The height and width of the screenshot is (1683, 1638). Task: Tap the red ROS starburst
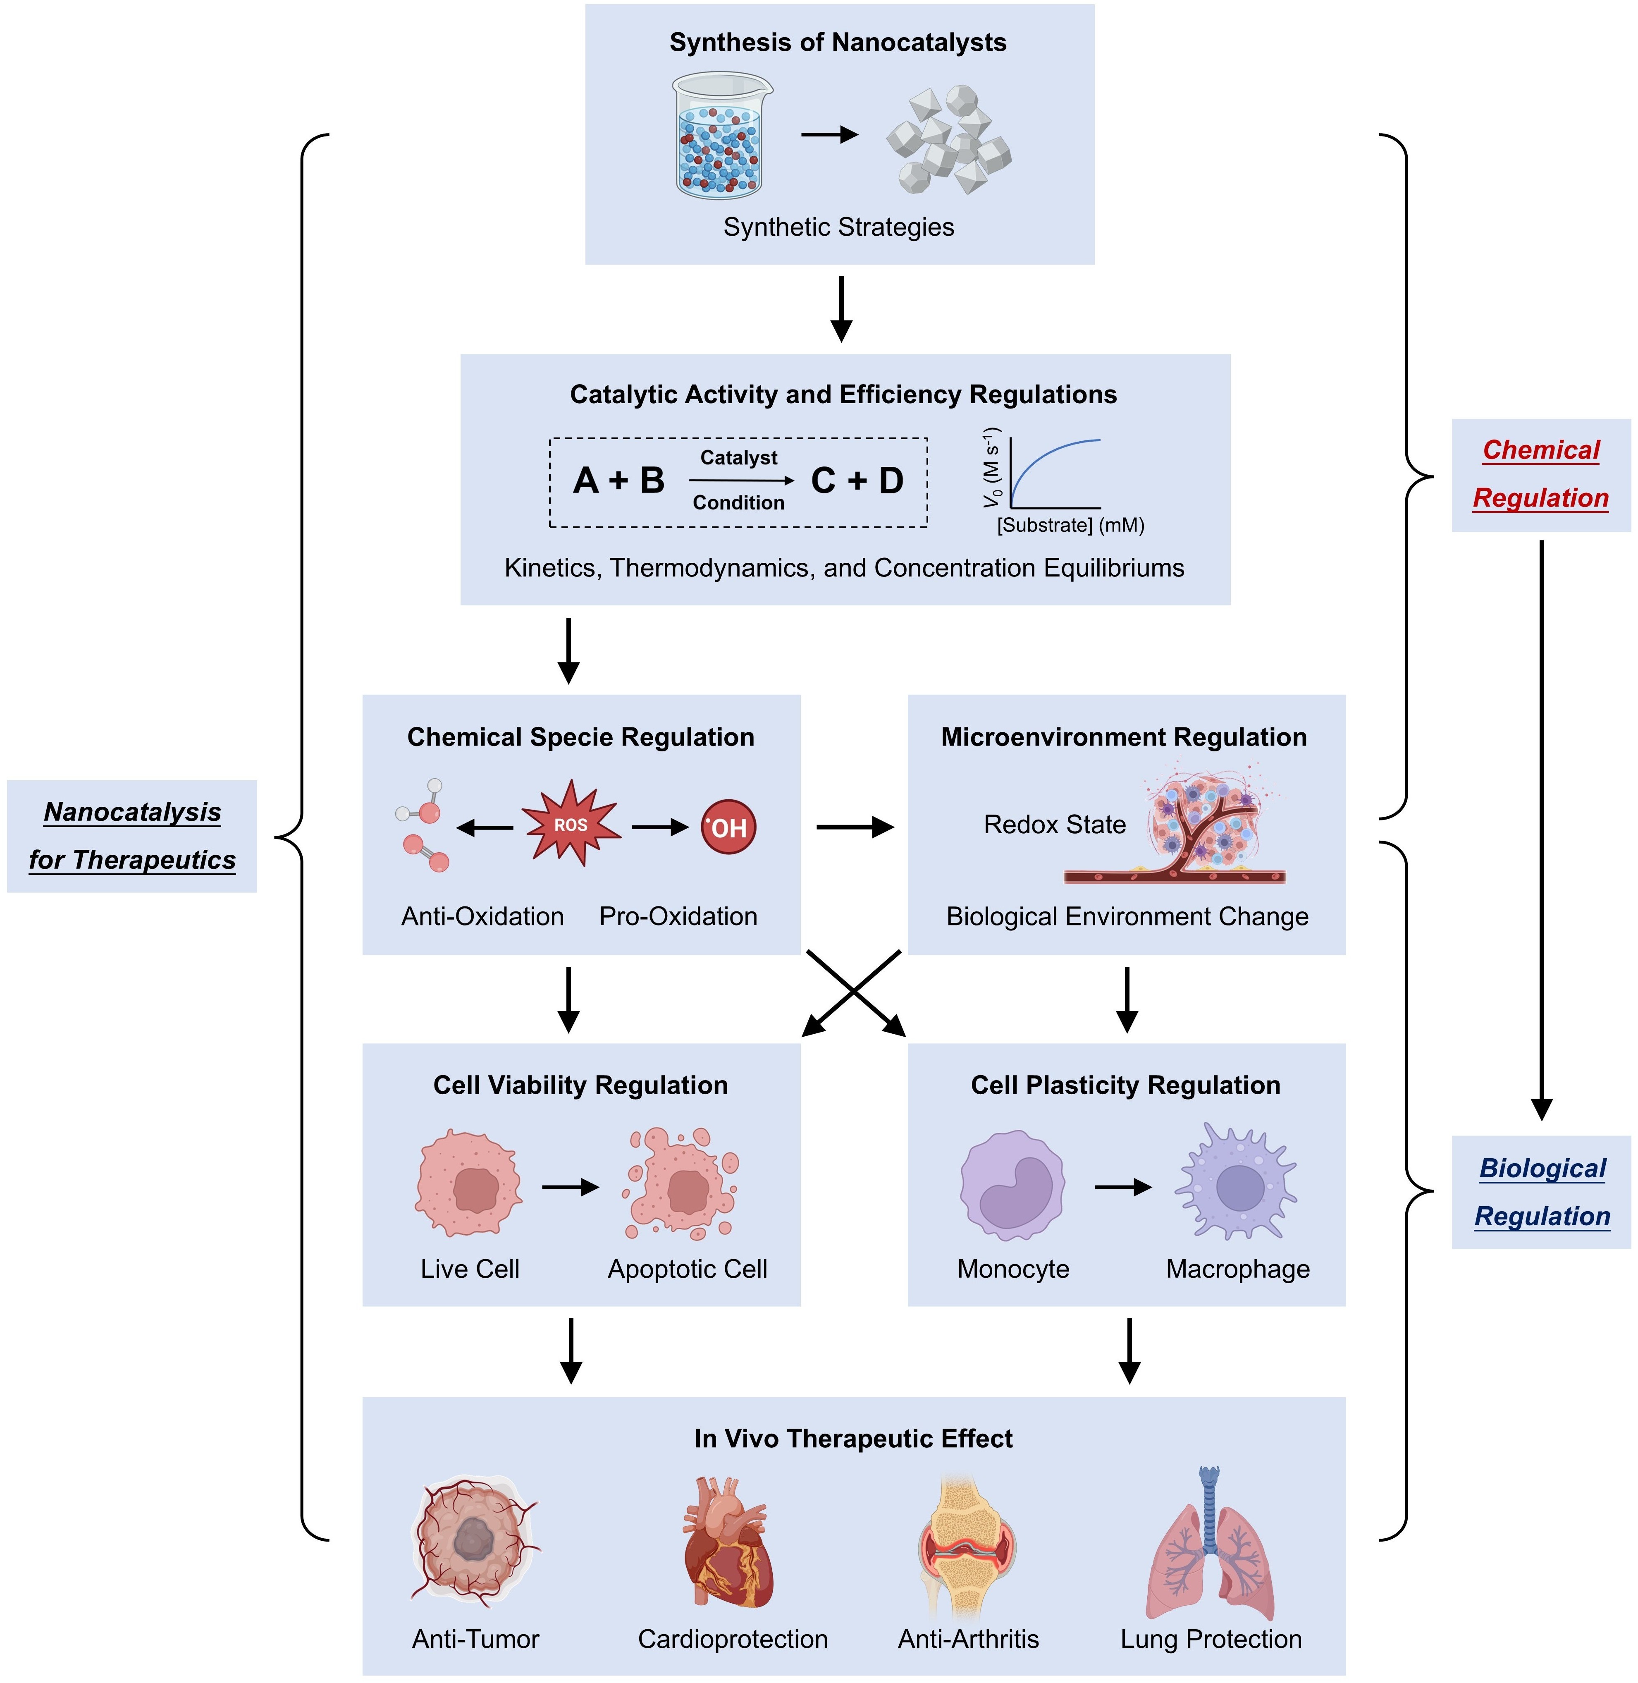571,824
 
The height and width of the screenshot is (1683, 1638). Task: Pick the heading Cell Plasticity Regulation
1125,1085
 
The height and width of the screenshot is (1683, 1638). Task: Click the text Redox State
1055,824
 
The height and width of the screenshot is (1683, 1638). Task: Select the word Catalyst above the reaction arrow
738,458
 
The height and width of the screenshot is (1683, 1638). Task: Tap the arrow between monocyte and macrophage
1123,1187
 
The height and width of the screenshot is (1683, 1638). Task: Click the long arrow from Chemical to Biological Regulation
1542,826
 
